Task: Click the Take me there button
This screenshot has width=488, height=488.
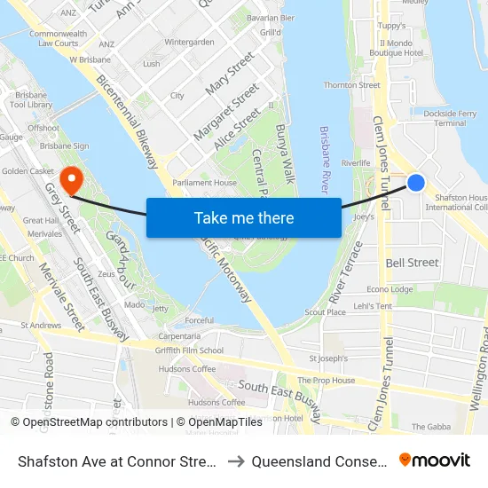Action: click(x=243, y=218)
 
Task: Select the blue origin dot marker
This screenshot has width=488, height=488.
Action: click(x=415, y=183)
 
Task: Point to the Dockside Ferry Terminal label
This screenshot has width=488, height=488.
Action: click(x=450, y=118)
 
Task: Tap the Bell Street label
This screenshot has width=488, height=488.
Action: click(x=412, y=263)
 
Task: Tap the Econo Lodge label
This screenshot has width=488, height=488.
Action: click(x=390, y=289)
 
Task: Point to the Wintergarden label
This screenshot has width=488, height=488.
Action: click(x=189, y=42)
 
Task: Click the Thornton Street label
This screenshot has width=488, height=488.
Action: click(x=352, y=85)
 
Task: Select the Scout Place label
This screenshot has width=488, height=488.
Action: click(x=326, y=312)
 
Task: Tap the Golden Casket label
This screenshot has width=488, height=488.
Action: click(x=28, y=170)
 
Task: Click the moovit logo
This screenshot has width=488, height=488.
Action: click(x=434, y=460)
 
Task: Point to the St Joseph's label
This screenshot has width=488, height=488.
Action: click(x=326, y=358)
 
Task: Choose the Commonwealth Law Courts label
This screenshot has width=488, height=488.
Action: click(x=58, y=38)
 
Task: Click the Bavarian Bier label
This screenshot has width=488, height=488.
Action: click(x=271, y=18)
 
